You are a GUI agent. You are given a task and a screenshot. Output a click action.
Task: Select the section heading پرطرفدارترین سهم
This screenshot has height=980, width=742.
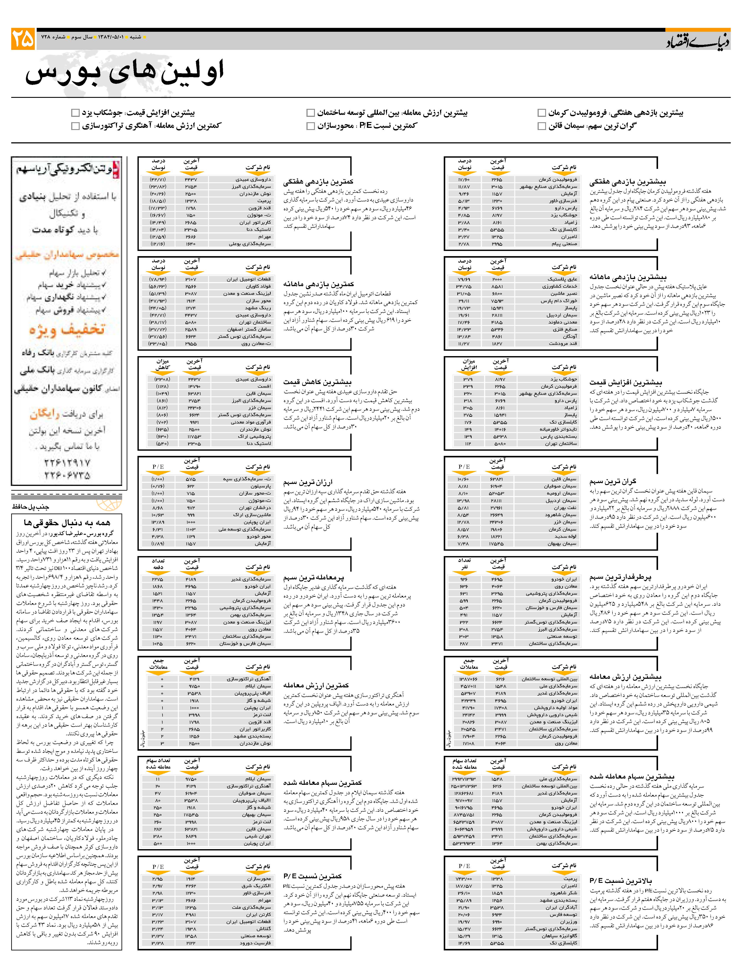coord(620,577)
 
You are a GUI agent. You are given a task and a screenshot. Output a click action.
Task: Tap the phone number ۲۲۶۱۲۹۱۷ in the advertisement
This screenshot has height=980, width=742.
coord(67,463)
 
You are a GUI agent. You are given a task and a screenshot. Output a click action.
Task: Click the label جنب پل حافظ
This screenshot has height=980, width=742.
coord(31,506)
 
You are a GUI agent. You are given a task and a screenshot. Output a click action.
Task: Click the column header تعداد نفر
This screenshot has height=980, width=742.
coord(464,564)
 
